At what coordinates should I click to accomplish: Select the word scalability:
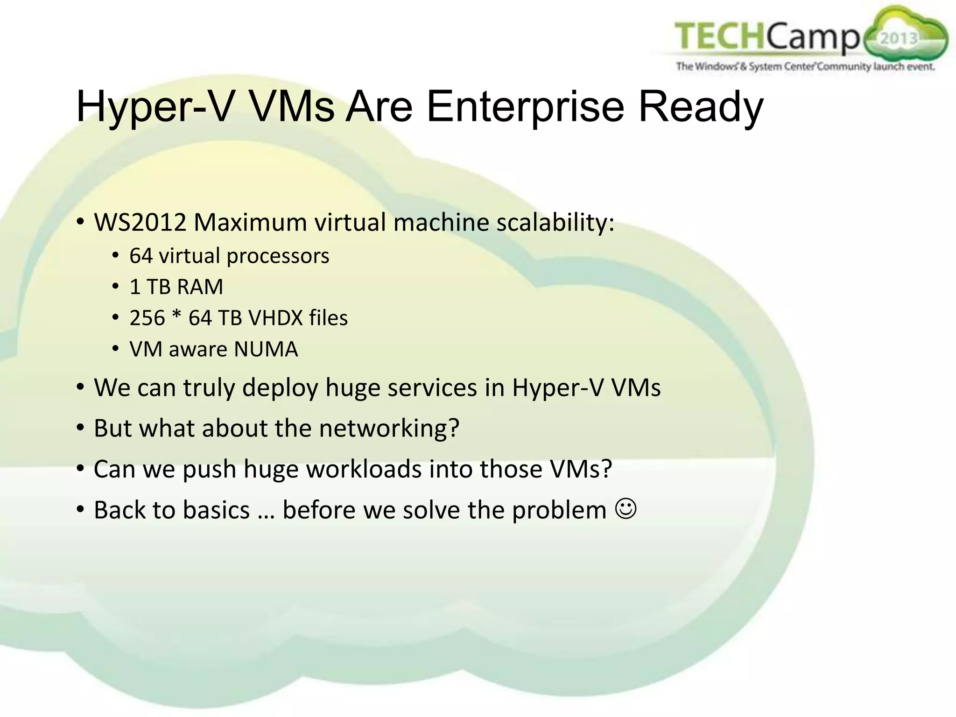point(555,222)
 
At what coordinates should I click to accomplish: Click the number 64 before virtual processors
point(141,256)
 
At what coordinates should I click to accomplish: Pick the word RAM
point(200,287)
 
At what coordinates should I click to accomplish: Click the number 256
point(147,318)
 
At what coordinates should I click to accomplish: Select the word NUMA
point(266,349)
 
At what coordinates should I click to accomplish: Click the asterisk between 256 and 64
point(176,316)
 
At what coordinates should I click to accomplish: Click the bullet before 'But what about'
point(81,427)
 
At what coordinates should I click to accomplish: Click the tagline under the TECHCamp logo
point(805,66)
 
